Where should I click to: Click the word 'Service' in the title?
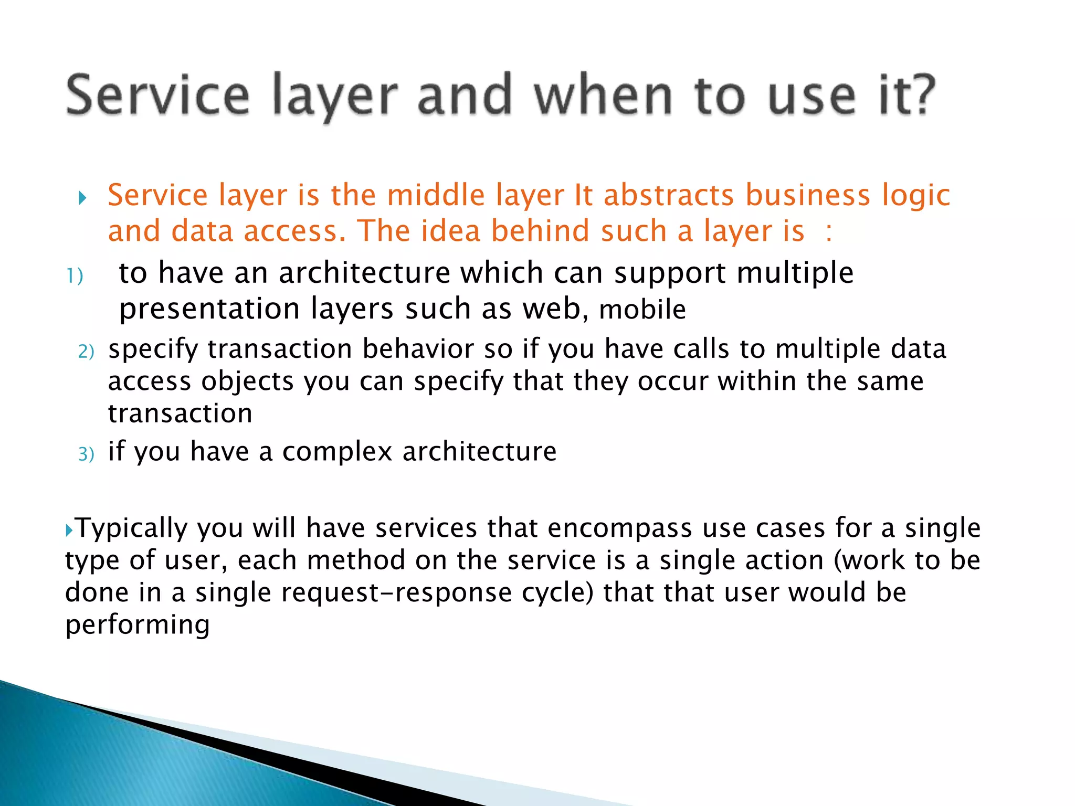click(157, 96)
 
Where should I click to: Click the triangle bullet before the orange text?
click(82, 198)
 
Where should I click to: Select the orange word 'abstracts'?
click(668, 195)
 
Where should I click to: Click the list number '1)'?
click(75, 276)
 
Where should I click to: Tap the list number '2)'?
click(86, 352)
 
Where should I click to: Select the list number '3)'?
click(86, 454)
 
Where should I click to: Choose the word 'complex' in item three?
click(337, 452)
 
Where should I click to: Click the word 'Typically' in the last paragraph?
click(131, 528)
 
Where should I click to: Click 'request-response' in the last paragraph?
click(396, 593)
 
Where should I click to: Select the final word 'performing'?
click(138, 625)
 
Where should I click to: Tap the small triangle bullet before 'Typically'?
click(69, 531)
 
